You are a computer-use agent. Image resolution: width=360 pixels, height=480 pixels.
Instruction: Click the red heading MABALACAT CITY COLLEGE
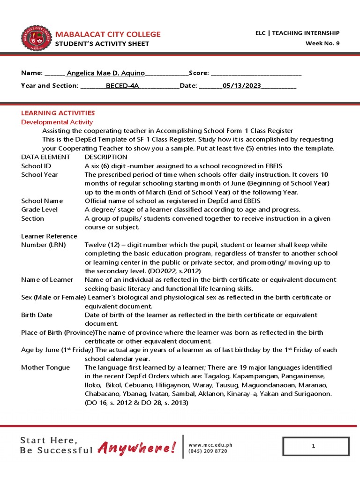(108, 34)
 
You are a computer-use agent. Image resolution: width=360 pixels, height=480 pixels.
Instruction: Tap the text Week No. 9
(322, 44)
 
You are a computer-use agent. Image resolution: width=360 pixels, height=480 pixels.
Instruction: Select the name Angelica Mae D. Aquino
(106, 73)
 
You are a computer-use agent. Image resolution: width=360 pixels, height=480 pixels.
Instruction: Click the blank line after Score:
(256, 74)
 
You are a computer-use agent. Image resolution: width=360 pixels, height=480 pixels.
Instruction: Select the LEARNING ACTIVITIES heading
(58, 113)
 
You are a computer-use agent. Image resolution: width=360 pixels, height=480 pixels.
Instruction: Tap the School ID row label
(36, 166)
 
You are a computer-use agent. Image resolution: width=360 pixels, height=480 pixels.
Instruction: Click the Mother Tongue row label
(45, 367)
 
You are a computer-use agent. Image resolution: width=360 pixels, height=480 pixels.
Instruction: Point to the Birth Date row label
(37, 315)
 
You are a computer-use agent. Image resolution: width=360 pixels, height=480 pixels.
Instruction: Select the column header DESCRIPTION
(105, 157)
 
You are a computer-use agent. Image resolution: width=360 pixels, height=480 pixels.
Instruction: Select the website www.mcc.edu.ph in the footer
(210, 445)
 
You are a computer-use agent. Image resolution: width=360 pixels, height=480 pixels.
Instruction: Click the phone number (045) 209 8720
(208, 451)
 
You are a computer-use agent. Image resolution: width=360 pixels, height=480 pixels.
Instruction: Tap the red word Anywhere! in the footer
(137, 449)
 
